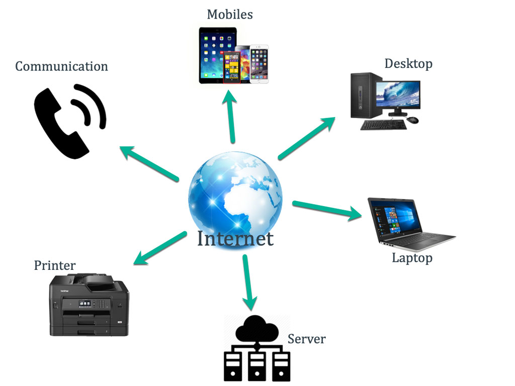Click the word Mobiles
point(230,14)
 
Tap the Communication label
point(61,66)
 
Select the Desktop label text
point(408,64)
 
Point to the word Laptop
point(412,258)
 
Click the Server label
point(306,339)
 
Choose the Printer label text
point(55,265)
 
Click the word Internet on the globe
point(235,238)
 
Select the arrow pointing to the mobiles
point(231,116)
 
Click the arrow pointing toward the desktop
point(306,138)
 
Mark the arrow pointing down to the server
point(247,282)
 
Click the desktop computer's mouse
point(412,120)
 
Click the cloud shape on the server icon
point(256,329)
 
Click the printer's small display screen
point(84,304)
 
